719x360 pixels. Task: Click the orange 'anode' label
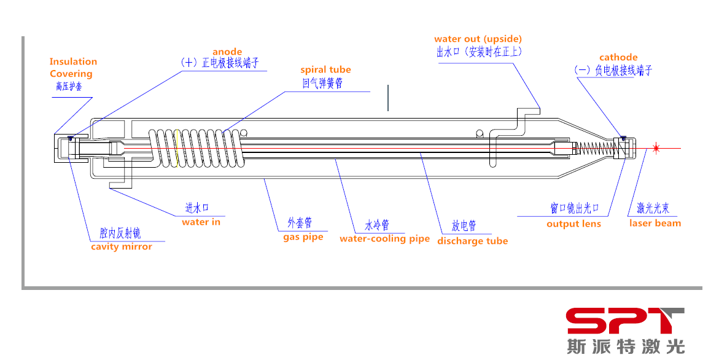[227, 52]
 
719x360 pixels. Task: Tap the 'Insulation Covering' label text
[73, 68]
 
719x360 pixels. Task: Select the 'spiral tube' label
[325, 69]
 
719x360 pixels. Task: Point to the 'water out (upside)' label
[478, 39]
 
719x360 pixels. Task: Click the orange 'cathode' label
[618, 57]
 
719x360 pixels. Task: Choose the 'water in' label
[201, 222]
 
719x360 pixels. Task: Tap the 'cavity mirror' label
[122, 247]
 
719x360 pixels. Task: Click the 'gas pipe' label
[303, 238]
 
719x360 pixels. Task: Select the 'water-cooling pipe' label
[385, 239]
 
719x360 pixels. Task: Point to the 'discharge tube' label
[473, 241]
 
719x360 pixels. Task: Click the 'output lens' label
[573, 224]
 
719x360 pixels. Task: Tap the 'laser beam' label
[655, 224]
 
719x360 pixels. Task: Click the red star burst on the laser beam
[656, 148]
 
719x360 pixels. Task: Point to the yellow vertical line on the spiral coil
[177, 148]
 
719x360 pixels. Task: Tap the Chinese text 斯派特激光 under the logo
[626, 346]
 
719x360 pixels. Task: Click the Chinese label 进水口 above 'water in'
[196, 208]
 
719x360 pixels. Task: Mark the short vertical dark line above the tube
[388, 98]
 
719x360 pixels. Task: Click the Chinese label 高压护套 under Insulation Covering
[69, 86]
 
